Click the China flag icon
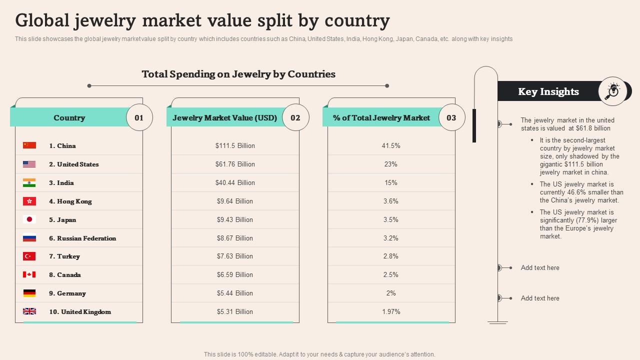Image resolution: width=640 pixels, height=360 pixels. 29,145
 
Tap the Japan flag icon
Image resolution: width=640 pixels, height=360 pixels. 29,219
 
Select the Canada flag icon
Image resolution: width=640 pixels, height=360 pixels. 29,274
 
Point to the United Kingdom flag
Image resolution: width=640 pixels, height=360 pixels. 29,311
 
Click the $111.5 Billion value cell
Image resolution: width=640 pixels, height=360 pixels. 235,145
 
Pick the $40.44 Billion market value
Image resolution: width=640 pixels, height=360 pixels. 235,182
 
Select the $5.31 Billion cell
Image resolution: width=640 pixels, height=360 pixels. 235,311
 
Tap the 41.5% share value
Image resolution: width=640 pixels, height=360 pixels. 391,145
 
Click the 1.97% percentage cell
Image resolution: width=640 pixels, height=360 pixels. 391,311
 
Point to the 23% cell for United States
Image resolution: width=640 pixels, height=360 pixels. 391,164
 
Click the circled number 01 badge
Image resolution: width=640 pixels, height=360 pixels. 139,117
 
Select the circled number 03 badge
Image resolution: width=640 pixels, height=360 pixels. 451,117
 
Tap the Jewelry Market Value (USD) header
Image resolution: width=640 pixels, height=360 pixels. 224,118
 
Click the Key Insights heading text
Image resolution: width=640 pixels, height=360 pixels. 548,91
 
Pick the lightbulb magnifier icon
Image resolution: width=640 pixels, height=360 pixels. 612,91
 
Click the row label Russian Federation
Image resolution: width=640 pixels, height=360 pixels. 82,238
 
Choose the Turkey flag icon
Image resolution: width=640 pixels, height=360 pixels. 29,256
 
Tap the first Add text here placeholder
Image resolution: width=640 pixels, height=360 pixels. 540,267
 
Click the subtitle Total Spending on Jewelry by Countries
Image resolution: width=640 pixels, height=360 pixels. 238,74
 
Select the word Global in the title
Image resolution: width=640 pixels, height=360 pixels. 43,20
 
